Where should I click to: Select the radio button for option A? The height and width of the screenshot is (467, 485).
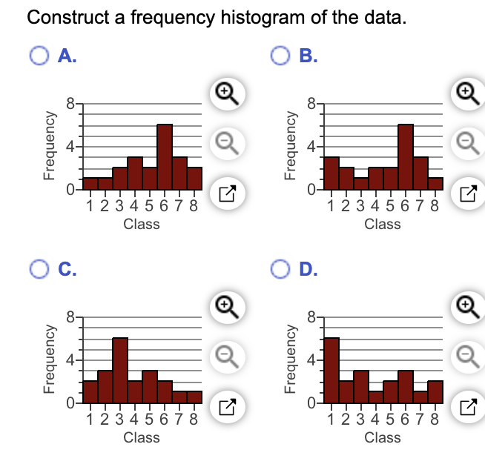[x=40, y=56]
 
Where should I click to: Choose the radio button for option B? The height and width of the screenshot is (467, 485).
[x=280, y=56]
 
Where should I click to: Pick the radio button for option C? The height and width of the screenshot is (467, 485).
[x=40, y=269]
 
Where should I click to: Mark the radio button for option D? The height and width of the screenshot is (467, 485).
[x=280, y=269]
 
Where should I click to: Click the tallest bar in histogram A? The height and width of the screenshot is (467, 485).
[x=165, y=157]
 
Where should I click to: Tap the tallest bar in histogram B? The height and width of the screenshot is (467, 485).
[x=406, y=157]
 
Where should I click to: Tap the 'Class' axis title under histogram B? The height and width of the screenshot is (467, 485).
[x=383, y=224]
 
